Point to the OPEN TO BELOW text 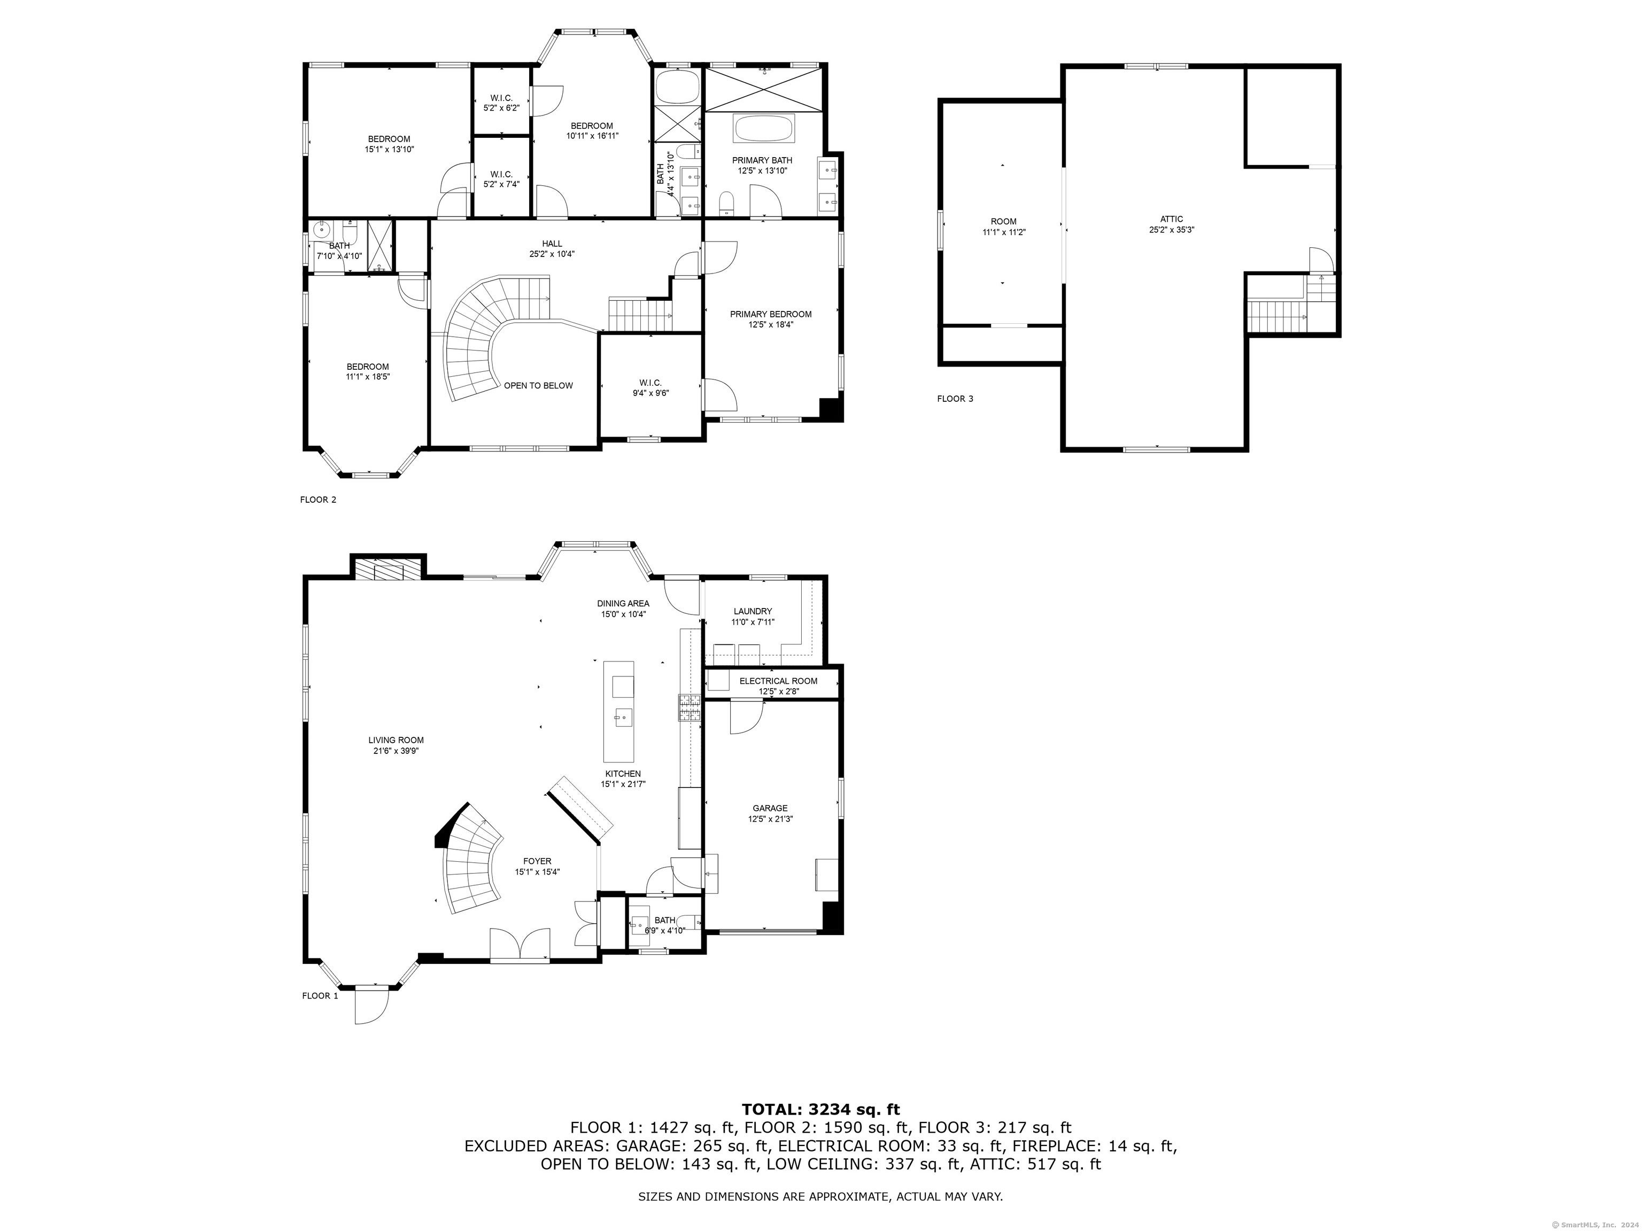(x=538, y=385)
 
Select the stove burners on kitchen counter (x=688, y=708)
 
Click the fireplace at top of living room (x=388, y=569)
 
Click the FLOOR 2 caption (x=317, y=500)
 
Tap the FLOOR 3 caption (x=955, y=399)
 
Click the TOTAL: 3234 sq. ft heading (x=820, y=1109)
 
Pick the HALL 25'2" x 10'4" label (x=552, y=248)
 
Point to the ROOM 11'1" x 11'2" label (x=1004, y=227)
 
